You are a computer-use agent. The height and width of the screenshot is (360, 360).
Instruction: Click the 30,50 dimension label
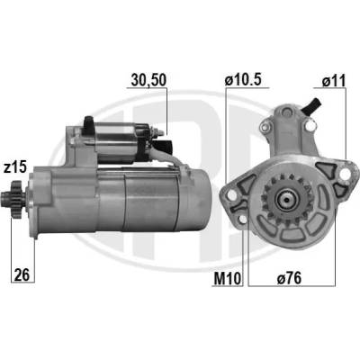pyautogui.click(x=148, y=80)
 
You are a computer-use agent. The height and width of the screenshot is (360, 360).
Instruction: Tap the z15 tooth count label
pyautogui.click(x=15, y=167)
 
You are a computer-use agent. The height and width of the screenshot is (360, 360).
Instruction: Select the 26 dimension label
pyautogui.click(x=22, y=274)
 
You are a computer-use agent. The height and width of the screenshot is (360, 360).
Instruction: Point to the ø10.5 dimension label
pyautogui.click(x=244, y=80)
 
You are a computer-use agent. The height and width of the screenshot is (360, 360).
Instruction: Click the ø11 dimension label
pyautogui.click(x=334, y=81)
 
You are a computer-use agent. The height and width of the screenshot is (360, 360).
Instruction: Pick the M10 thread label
pyautogui.click(x=228, y=279)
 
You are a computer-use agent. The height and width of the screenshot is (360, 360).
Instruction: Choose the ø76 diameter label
pyautogui.click(x=289, y=279)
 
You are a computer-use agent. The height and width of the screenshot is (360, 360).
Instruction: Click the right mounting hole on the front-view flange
pyautogui.click(x=346, y=173)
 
